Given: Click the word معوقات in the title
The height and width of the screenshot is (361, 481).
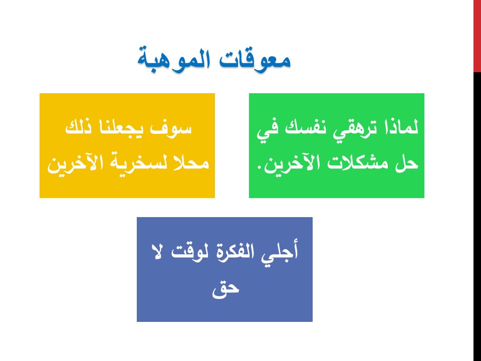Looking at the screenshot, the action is (255, 60).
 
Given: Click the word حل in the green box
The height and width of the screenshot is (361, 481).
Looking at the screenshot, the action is (407, 162).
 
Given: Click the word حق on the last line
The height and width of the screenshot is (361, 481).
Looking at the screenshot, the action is (225, 289).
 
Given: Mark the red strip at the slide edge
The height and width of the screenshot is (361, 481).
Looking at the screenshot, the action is (477, 36).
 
